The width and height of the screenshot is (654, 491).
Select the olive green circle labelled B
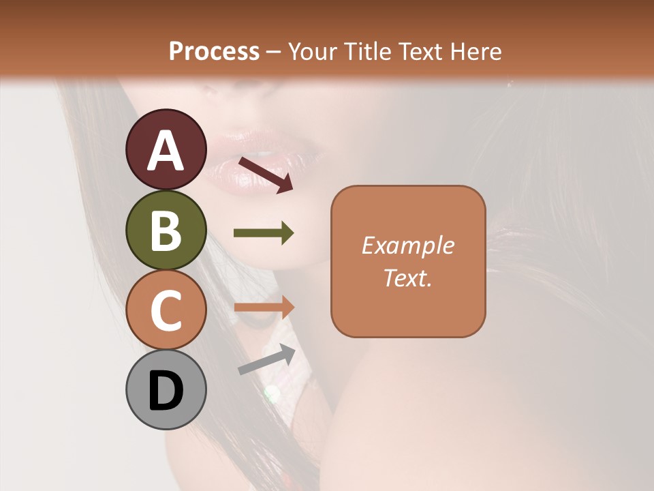(166, 230)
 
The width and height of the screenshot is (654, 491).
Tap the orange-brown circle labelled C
(166, 310)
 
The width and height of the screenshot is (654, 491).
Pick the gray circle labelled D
(166, 389)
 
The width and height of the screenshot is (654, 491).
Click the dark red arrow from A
(266, 174)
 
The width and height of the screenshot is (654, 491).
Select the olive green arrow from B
(264, 234)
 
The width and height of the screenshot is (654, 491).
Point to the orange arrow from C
(264, 307)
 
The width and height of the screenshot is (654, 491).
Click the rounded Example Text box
(408, 261)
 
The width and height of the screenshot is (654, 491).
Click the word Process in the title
(214, 51)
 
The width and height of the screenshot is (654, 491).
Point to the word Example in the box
(408, 246)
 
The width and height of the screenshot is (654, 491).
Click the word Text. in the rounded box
(408, 278)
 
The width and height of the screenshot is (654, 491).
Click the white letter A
(166, 150)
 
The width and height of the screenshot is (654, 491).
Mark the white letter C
(166, 311)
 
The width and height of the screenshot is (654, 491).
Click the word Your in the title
(310, 51)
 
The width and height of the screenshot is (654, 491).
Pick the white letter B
(166, 231)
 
